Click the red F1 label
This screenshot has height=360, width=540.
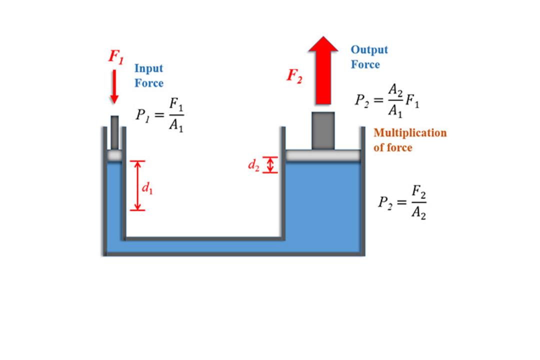pos(116,57)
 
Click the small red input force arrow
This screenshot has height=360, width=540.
pos(114,86)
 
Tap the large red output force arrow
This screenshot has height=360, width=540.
pos(323,70)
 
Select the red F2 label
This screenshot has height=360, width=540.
pos(294,76)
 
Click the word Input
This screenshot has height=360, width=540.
pos(149,68)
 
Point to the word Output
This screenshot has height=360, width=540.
pos(369,50)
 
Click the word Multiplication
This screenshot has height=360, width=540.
pos(410,132)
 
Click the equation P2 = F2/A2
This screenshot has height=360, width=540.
pos(402,202)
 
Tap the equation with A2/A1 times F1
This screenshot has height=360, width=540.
pos(387,100)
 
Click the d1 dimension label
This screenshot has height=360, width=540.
pos(147,188)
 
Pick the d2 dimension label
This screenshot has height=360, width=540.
pos(254,165)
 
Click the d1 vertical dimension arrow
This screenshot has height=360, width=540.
pos(137,185)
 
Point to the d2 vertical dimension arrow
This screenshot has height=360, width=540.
pos(270,164)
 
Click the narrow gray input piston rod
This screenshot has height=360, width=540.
pos(114,132)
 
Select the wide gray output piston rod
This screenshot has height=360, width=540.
pos(323,131)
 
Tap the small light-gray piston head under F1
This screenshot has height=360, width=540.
pos(114,155)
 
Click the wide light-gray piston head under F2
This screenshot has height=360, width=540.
pos(323,155)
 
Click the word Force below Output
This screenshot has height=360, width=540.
pos(365,64)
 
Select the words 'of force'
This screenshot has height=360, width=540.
pos(393,147)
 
